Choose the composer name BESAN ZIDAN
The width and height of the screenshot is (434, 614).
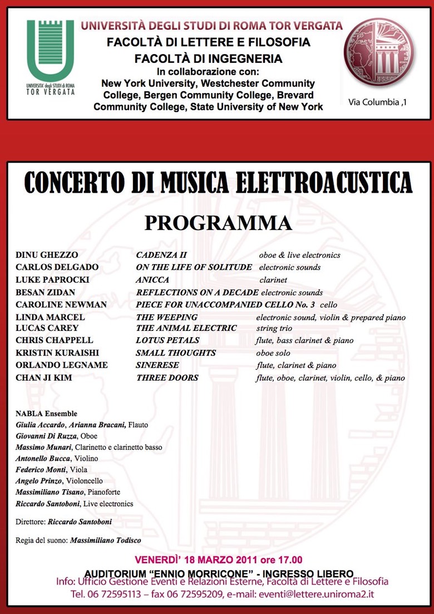(x=45, y=292)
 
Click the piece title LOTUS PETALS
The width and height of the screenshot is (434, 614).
(x=167, y=340)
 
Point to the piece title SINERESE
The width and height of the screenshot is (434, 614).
(x=157, y=365)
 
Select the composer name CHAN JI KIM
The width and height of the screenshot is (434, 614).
(x=45, y=377)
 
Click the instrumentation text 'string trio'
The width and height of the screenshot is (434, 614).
(x=274, y=328)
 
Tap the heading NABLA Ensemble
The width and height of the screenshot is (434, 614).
(x=47, y=413)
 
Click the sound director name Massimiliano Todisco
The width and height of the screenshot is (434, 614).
(x=106, y=540)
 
